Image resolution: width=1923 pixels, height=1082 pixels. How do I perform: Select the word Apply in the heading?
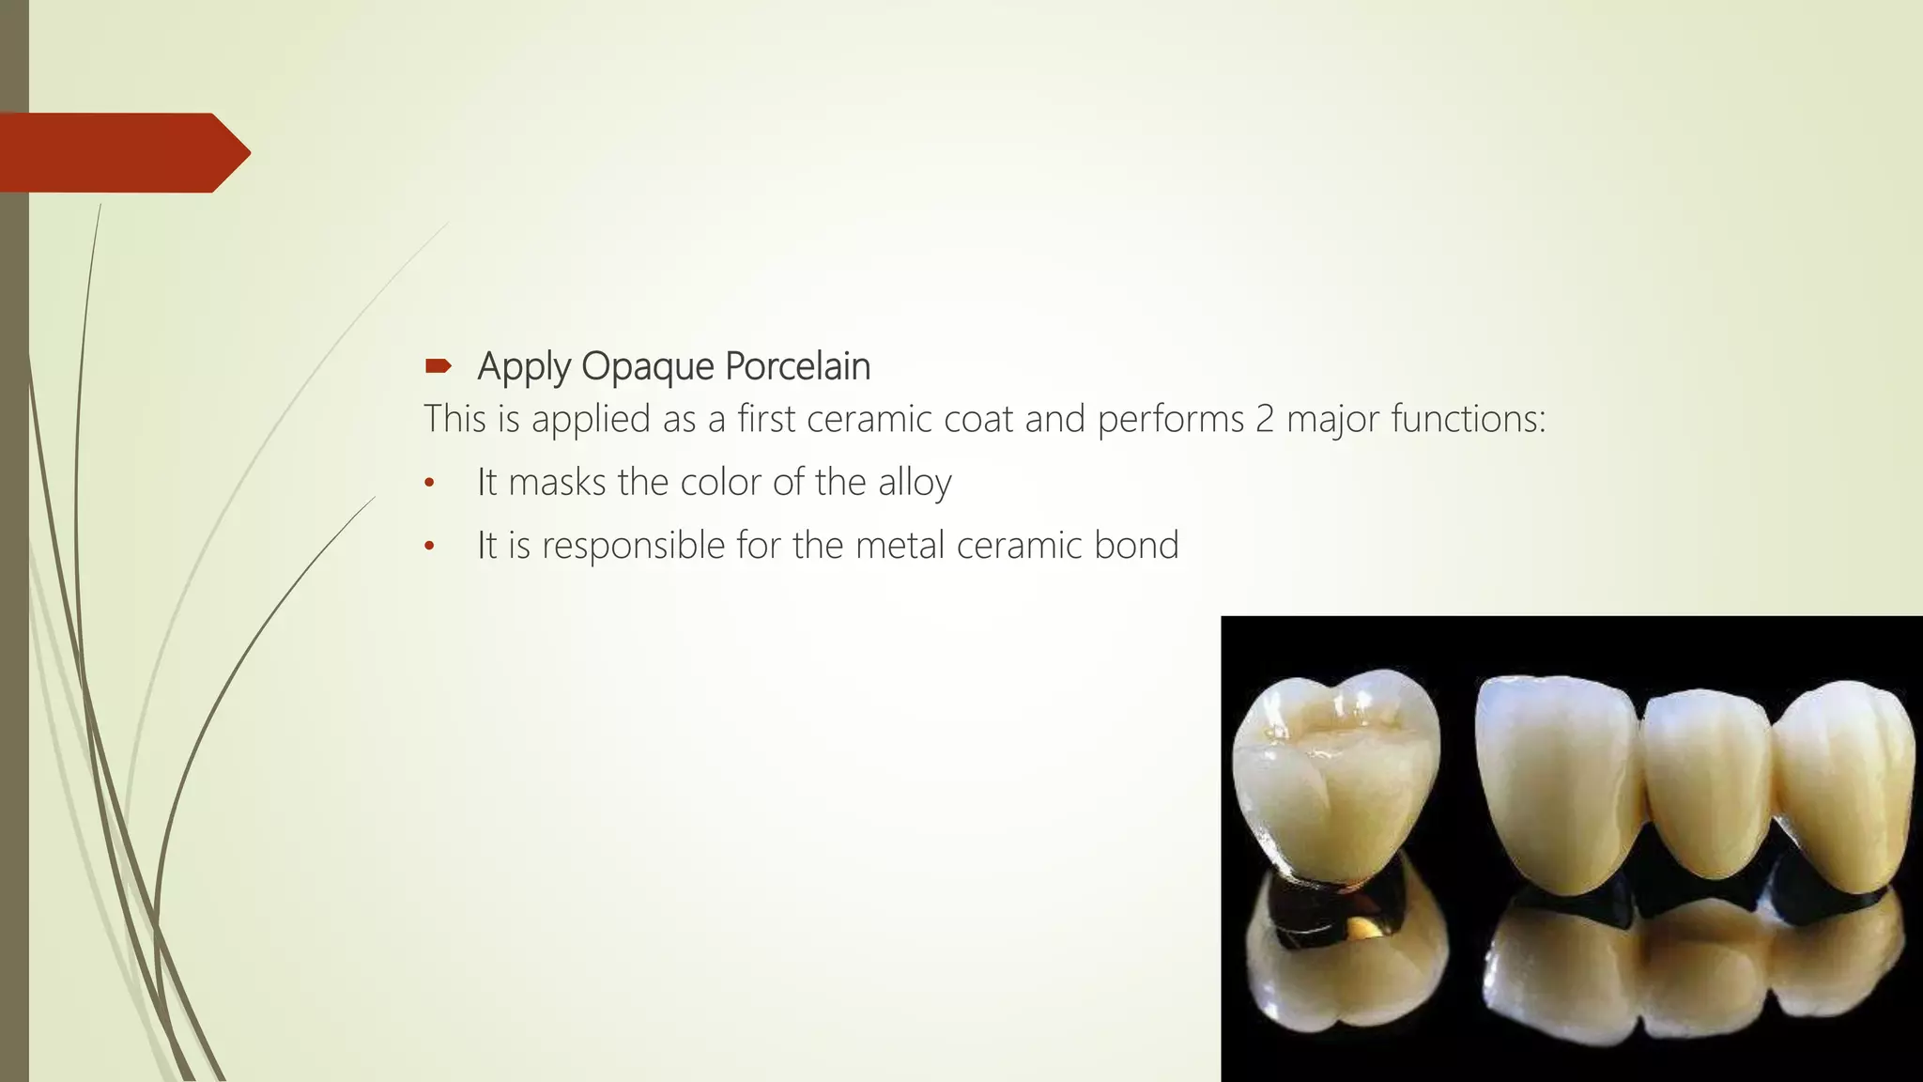coord(524,367)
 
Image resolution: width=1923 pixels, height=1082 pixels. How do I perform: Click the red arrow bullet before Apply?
coord(438,366)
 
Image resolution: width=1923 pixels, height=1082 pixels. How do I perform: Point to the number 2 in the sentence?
coord(1265,419)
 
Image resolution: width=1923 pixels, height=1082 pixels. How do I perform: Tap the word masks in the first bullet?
coord(557,483)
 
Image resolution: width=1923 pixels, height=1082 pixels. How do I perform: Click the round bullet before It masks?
coord(429,484)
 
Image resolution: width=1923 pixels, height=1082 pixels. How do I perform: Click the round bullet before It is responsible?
coord(429,547)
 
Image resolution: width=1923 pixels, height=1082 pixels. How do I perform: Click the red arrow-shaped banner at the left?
coord(117,152)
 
